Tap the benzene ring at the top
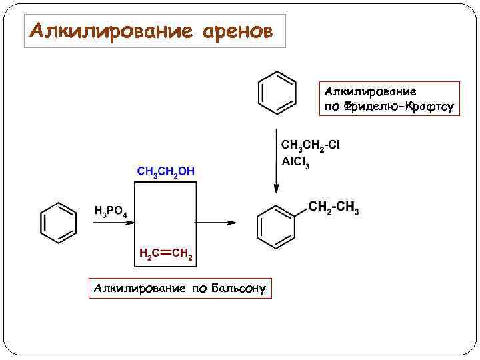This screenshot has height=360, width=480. click(277, 91)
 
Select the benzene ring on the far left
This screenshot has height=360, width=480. click(59, 222)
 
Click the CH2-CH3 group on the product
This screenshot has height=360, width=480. click(333, 208)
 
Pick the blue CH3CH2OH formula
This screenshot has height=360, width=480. click(166, 171)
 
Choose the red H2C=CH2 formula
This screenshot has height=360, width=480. click(165, 254)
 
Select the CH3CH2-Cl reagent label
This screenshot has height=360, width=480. click(311, 145)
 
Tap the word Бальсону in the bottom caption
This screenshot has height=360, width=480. click(238, 288)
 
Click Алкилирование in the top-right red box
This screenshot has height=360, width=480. click(371, 91)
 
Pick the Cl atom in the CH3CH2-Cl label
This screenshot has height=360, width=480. click(334, 145)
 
